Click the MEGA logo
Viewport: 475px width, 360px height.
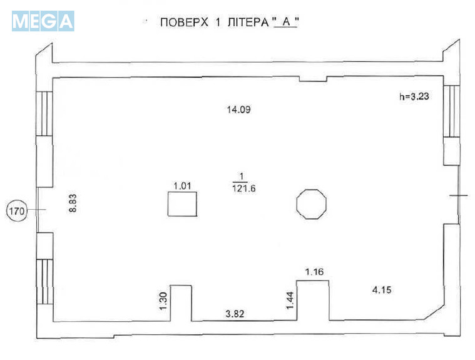pos(43,21)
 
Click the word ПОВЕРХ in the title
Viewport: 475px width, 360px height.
pos(184,23)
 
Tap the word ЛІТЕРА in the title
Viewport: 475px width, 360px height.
pos(248,23)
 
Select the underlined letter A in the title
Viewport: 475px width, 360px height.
pos(286,22)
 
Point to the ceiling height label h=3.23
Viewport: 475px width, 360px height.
pos(414,96)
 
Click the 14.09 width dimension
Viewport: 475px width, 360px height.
pos(238,110)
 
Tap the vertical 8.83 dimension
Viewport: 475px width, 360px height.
pos(73,203)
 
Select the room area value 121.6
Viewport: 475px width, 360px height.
pos(244,188)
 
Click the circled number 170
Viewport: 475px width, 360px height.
pos(17,210)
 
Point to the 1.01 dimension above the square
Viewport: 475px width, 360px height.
pos(182,185)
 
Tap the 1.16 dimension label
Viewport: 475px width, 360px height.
pos(314,272)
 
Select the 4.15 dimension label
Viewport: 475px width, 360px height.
pos(382,290)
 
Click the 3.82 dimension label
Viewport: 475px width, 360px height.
pos(235,314)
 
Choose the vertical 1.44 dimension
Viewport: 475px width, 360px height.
pos(290,300)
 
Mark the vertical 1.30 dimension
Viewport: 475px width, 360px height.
pos(163,301)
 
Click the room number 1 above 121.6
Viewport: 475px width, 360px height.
pos(242,176)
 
